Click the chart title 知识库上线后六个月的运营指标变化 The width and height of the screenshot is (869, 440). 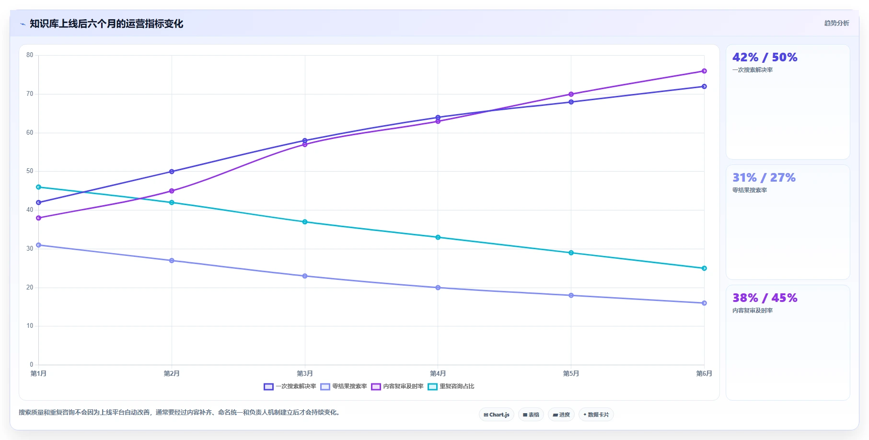[106, 23]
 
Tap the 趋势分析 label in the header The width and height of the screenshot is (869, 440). [836, 23]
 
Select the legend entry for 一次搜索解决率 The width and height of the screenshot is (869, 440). [290, 386]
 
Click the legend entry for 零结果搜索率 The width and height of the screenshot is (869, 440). [344, 386]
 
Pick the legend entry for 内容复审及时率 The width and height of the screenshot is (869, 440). [397, 386]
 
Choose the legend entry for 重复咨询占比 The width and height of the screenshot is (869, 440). [451, 386]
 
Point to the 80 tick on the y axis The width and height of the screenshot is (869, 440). [30, 55]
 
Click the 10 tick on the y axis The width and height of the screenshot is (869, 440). [30, 326]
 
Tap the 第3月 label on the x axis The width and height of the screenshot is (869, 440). [305, 373]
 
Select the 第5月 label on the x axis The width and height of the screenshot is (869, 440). [571, 373]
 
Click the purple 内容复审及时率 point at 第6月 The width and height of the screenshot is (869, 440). [704, 71]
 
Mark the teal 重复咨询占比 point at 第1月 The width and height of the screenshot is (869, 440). [39, 187]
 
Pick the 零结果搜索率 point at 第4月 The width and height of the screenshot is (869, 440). [438, 288]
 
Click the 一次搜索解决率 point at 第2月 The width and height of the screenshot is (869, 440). [172, 172]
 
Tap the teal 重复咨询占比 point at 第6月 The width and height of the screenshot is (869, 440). [704, 268]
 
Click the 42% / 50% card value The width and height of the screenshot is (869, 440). [765, 58]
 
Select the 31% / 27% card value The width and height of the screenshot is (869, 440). [764, 178]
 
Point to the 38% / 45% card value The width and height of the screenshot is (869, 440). [765, 298]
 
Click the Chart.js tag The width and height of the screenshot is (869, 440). [497, 415]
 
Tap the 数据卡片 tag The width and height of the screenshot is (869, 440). [596, 415]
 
